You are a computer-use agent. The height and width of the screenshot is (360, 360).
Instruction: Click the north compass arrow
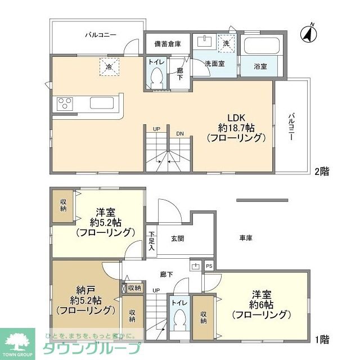pyautogui.click(x=307, y=33)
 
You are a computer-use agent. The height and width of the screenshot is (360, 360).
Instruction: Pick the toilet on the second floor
pyautogui.click(x=157, y=79)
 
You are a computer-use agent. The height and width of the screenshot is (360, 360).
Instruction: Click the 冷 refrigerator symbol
pyautogui.click(x=107, y=67)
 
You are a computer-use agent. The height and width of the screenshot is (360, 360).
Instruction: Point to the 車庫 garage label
pyautogui.click(x=245, y=238)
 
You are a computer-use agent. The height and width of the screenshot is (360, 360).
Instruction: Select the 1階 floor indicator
pyautogui.click(x=321, y=339)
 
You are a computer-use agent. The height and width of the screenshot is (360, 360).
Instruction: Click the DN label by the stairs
pyautogui.click(x=180, y=133)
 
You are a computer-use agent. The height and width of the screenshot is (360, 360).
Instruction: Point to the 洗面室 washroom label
pyautogui.click(x=214, y=64)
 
